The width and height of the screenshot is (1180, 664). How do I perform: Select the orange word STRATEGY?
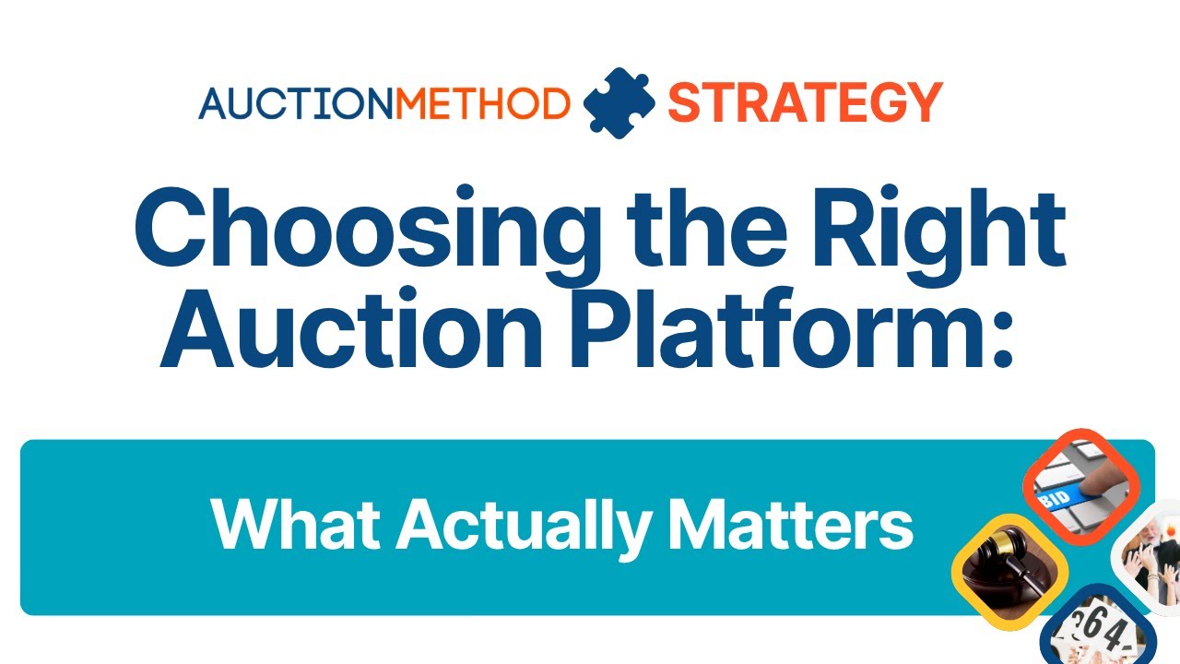point(804,102)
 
